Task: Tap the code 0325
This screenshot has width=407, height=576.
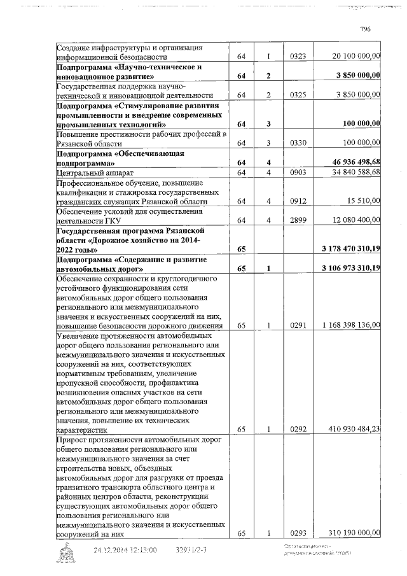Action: point(298,95)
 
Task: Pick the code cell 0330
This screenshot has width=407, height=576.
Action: point(298,144)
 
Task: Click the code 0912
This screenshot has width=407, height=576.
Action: point(298,201)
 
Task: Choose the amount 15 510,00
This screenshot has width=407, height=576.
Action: point(364,201)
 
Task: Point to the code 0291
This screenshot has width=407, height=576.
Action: point(298,325)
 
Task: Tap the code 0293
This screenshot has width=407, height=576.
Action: point(298,533)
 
